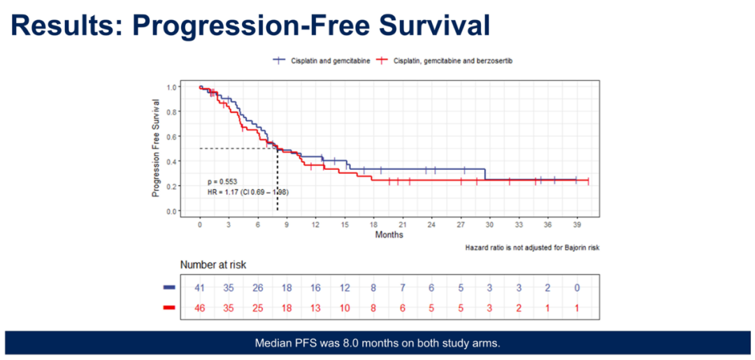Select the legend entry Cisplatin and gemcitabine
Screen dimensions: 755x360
322,60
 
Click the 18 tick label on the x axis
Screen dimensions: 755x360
373,225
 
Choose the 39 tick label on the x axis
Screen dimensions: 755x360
577,225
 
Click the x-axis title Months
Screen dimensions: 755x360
389,236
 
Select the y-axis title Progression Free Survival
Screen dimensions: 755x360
155,148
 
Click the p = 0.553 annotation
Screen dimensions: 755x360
222,182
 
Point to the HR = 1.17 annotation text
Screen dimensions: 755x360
248,192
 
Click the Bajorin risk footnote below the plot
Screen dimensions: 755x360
532,248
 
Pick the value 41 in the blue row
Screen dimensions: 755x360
200,288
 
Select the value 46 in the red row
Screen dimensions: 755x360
200,308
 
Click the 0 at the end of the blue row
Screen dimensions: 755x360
577,288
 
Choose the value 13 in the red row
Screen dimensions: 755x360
316,308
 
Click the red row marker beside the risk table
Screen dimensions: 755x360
169,308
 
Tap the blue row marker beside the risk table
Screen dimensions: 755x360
169,287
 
